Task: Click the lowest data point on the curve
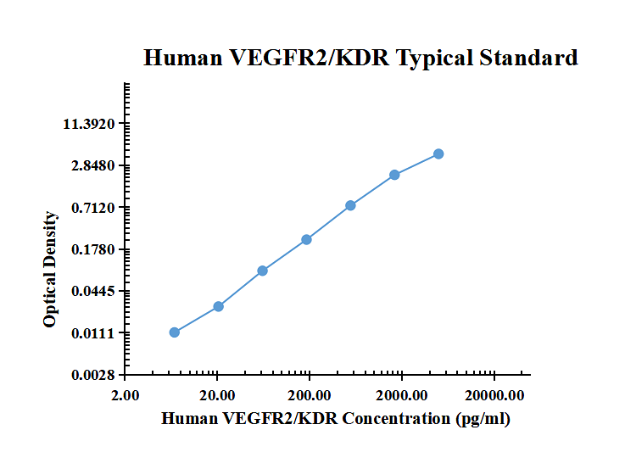pyautogui.click(x=175, y=332)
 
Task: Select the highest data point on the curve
pyautogui.click(x=438, y=154)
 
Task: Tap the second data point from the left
pyautogui.click(x=218, y=306)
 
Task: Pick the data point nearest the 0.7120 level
pyautogui.click(x=350, y=205)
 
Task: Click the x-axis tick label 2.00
pyautogui.click(x=126, y=394)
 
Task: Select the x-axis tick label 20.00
pyautogui.click(x=218, y=394)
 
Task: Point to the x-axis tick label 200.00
pyautogui.click(x=310, y=394)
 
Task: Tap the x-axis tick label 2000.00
pyautogui.click(x=402, y=394)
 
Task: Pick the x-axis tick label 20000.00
pyautogui.click(x=494, y=394)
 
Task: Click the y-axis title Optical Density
pyautogui.click(x=51, y=270)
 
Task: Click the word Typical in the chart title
pyautogui.click(x=435, y=58)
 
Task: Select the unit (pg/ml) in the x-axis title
pyautogui.click(x=483, y=418)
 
